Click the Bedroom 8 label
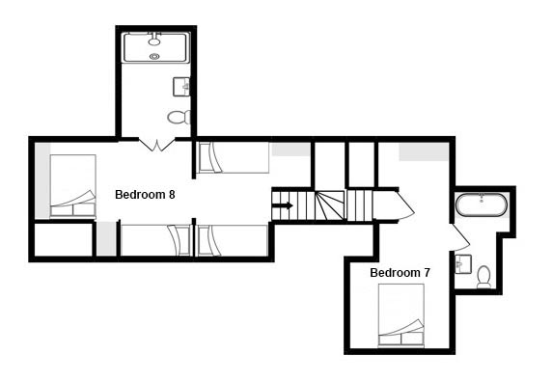[145, 195]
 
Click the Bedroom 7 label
[400, 272]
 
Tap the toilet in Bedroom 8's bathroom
[179, 118]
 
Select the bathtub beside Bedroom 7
[482, 204]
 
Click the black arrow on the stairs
[283, 205]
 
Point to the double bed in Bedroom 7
[401, 315]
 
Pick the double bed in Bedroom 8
[72, 185]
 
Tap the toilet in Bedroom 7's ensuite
[484, 277]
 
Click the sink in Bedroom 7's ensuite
[463, 264]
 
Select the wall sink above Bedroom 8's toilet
[181, 87]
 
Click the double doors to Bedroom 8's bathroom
[157, 145]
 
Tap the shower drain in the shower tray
[154, 56]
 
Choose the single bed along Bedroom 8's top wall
[234, 157]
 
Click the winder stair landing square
[330, 205]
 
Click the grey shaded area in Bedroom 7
[424, 151]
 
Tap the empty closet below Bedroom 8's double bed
[64, 239]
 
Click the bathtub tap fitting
[481, 198]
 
